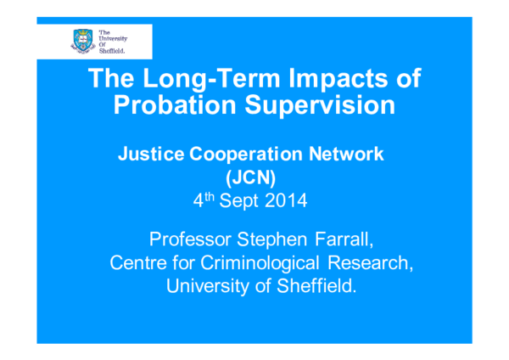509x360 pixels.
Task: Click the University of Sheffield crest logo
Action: coord(81,40)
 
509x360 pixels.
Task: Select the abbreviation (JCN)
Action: coord(254,179)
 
